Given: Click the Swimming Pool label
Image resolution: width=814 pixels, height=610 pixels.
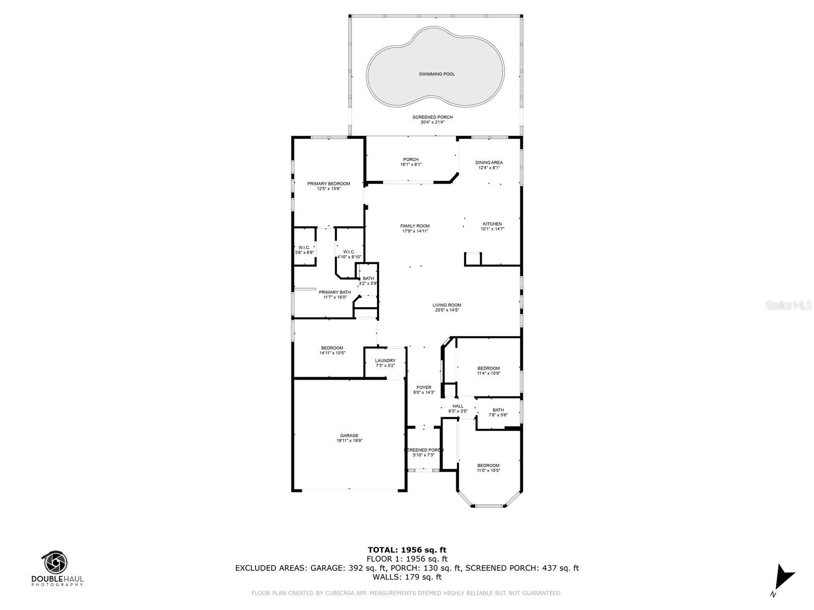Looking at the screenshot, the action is click(x=437, y=74).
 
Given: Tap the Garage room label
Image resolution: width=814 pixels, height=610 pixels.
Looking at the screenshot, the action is click(x=349, y=436).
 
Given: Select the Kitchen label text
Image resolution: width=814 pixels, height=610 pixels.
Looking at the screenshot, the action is click(x=492, y=224).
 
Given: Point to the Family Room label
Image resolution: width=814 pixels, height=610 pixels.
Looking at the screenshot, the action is click(x=415, y=226).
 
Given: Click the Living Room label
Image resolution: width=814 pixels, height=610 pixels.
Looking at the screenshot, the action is click(x=447, y=305).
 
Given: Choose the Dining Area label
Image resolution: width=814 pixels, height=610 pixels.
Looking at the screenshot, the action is click(x=489, y=162).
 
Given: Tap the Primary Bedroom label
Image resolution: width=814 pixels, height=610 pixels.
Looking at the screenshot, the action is click(x=328, y=184).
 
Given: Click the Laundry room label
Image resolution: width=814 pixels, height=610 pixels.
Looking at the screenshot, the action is click(x=385, y=360).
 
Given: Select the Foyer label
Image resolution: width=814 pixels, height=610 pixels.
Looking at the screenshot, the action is click(x=423, y=387).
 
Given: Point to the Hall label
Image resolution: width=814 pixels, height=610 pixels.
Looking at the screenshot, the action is click(x=457, y=406).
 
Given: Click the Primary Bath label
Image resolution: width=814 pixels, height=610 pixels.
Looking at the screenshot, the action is click(x=334, y=292).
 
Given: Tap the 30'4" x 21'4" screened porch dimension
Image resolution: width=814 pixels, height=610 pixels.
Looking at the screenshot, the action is click(x=432, y=122).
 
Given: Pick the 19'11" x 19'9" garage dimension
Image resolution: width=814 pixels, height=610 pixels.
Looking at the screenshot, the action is click(x=349, y=441).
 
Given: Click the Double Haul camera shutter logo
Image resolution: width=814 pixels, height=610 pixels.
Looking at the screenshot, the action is click(x=55, y=562).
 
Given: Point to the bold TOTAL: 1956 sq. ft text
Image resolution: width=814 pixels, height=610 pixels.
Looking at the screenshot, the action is click(x=407, y=550).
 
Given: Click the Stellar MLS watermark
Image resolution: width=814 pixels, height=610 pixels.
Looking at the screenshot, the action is click(x=789, y=305).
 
